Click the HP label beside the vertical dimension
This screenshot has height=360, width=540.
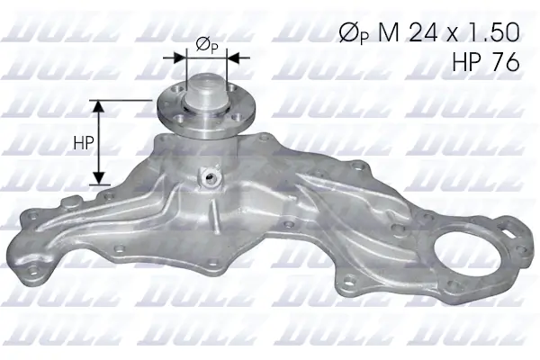click(x=80, y=142)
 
